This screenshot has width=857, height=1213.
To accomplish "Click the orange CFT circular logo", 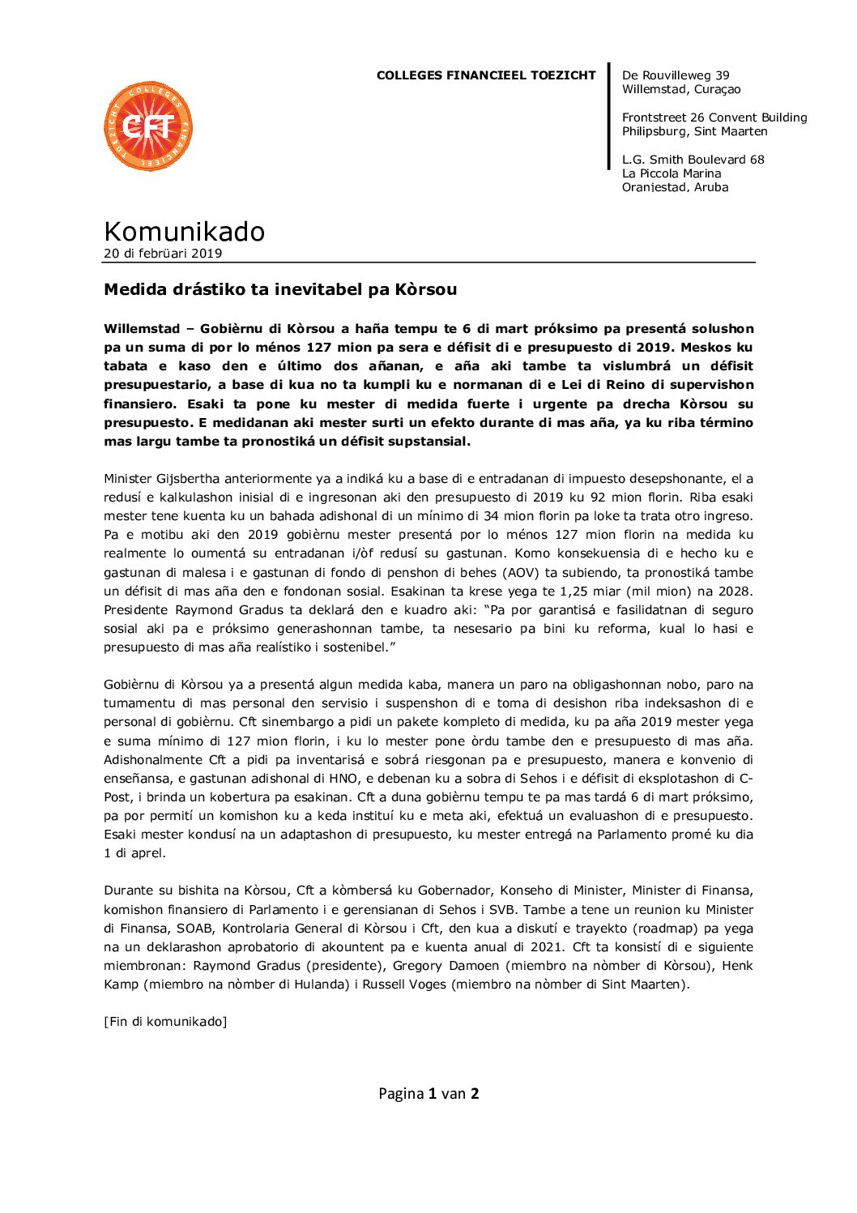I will pyautogui.click(x=148, y=126).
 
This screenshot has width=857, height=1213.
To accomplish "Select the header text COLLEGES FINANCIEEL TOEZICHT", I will pyautogui.click(x=486, y=75).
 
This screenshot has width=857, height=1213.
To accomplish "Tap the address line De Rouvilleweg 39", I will pyautogui.click(x=676, y=75).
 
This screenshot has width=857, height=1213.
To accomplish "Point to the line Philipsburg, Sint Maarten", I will pyautogui.click(x=694, y=131).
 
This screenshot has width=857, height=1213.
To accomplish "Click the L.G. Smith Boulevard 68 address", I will pyautogui.click(x=693, y=160).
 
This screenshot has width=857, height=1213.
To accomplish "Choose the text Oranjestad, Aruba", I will pyautogui.click(x=675, y=187).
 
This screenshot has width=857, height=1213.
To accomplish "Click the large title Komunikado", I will pyautogui.click(x=184, y=232).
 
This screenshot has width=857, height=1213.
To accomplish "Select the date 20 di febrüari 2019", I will pyautogui.click(x=163, y=253).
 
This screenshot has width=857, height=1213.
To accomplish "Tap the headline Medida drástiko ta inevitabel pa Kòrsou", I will pyautogui.click(x=280, y=289).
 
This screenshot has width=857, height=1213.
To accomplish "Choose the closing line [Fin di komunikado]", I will pyautogui.click(x=165, y=1022).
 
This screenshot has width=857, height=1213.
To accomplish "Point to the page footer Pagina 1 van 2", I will pyautogui.click(x=428, y=1094).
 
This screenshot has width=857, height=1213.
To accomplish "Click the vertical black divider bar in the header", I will pyautogui.click(x=609, y=117).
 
